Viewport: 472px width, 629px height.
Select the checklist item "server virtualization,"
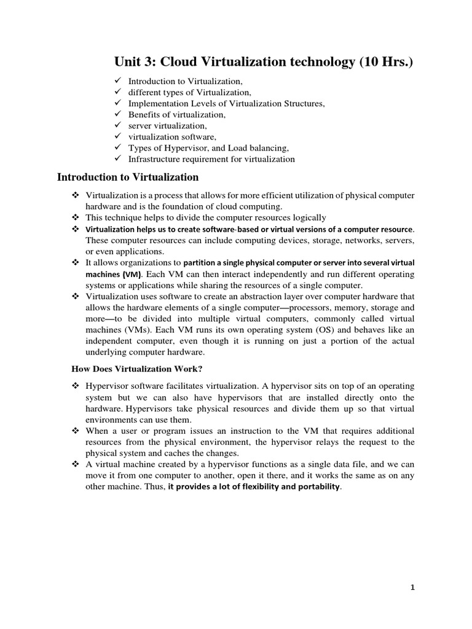[163, 125]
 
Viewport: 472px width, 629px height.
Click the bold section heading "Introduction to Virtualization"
[128, 178]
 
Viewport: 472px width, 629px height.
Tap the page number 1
[413, 588]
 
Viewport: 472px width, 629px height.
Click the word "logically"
[308, 217]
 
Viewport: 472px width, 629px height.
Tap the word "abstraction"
[260, 297]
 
